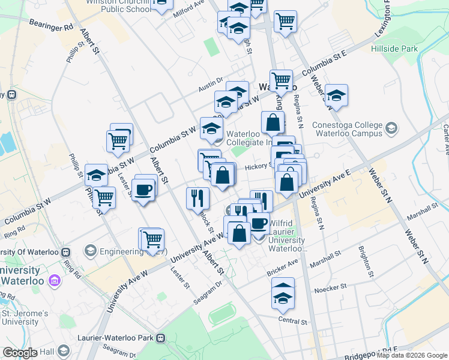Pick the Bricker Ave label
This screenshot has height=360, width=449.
point(283,268)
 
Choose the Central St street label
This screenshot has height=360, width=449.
point(293,321)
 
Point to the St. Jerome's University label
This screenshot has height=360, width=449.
point(24,317)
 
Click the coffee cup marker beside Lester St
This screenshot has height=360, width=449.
point(144,190)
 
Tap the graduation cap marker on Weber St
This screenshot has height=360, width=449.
point(336,95)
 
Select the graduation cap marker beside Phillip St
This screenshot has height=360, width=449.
point(96,175)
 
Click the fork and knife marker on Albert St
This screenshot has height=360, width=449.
point(197,196)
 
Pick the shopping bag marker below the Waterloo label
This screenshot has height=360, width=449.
point(273,122)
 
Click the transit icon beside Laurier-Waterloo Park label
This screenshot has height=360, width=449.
point(161,338)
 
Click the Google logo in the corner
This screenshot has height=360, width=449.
point(20,353)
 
